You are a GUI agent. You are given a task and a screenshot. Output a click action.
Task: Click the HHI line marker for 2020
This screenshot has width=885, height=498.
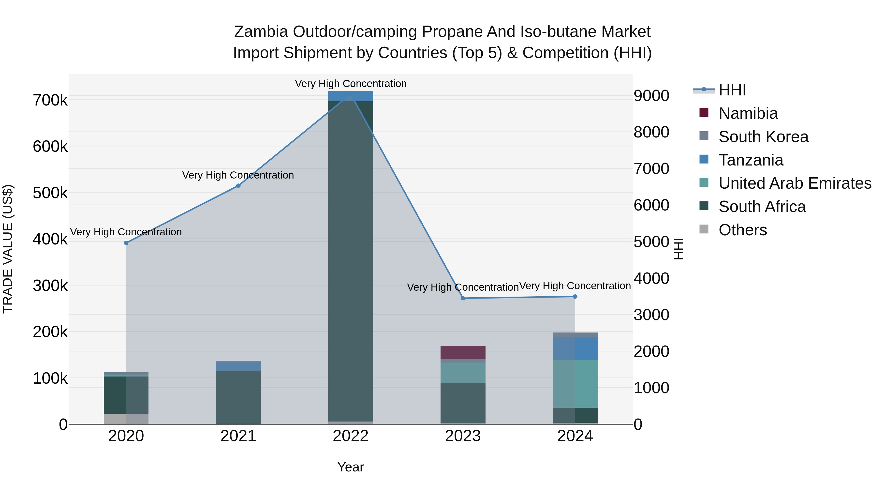[126, 243]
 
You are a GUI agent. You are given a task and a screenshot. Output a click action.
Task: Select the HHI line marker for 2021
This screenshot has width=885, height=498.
[238, 186]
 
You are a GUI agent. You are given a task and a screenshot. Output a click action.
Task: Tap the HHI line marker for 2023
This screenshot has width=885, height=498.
[463, 298]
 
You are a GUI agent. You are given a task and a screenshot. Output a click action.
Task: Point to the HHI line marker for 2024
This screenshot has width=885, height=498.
[575, 297]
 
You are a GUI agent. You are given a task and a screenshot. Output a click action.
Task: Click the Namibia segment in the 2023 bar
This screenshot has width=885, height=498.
[463, 352]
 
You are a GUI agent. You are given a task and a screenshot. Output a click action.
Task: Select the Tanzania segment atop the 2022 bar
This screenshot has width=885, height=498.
[350, 96]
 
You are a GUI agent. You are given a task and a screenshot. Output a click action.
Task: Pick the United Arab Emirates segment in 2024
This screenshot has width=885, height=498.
[575, 384]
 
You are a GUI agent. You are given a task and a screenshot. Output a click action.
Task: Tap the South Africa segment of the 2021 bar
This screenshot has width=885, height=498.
[238, 397]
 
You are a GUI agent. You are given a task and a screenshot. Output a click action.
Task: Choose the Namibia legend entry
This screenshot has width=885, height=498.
[748, 113]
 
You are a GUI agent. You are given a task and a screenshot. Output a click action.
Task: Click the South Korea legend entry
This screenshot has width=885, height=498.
[763, 137]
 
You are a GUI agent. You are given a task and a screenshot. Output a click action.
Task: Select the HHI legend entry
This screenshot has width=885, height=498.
[732, 90]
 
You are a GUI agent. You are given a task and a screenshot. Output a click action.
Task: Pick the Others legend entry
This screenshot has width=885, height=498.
[742, 230]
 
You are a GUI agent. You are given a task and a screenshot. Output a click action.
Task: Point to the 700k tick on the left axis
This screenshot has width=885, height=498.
[50, 100]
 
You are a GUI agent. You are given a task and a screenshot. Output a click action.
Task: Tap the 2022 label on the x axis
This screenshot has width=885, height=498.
[350, 436]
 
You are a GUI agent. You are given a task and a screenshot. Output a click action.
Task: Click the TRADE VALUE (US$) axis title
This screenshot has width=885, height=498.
[8, 249]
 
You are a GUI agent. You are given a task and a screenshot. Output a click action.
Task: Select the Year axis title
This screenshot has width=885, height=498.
[350, 467]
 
